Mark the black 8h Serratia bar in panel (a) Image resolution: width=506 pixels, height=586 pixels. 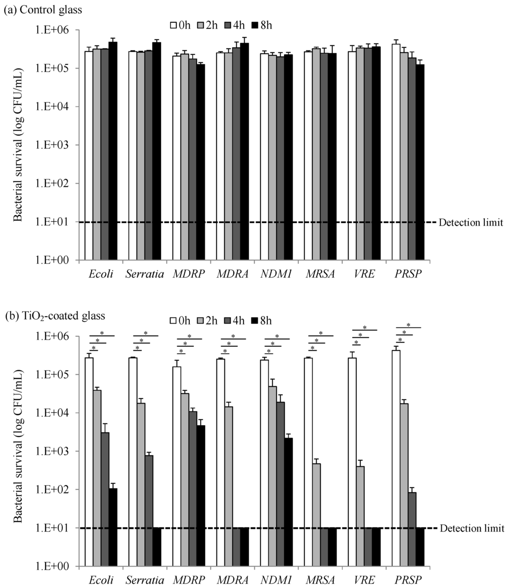click(x=157, y=151)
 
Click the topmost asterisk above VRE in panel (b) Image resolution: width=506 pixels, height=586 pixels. click(x=365, y=327)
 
